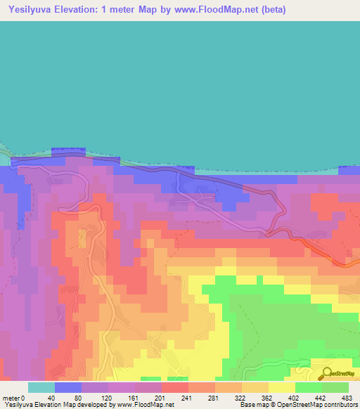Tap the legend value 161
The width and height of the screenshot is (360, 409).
(134, 397)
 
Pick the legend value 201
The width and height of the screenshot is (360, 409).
(161, 397)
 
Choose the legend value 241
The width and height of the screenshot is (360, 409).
(188, 397)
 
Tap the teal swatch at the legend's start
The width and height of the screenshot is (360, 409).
(41, 387)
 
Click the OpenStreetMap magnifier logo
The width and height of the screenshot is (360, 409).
(328, 374)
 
